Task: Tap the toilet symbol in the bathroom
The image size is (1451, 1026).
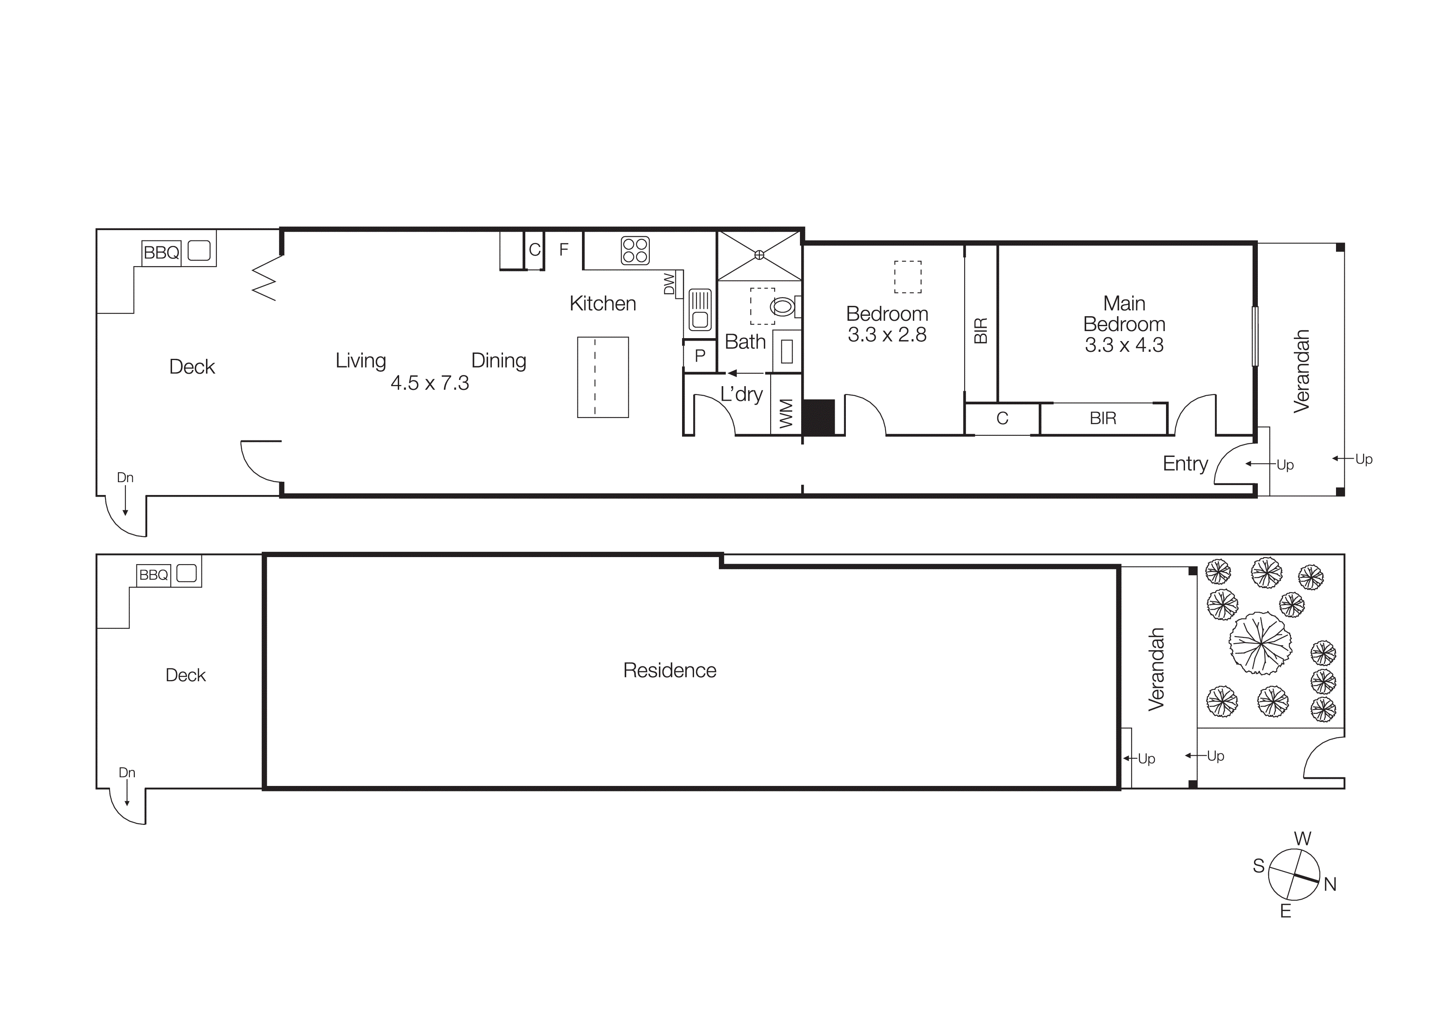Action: coord(783,307)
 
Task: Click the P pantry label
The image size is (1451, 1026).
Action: coord(699,356)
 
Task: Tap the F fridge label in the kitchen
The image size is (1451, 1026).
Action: coord(564,250)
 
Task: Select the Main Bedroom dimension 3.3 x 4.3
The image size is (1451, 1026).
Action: coord(1124,345)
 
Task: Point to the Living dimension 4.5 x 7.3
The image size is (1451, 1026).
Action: coord(430,383)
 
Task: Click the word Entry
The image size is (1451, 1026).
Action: coord(1185,464)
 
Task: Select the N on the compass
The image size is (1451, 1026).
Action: coord(1330,884)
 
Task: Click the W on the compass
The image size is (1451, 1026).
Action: coord(1303,839)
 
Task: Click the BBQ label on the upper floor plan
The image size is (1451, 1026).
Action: coord(161,253)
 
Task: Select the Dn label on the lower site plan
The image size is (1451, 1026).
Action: coord(127,773)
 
